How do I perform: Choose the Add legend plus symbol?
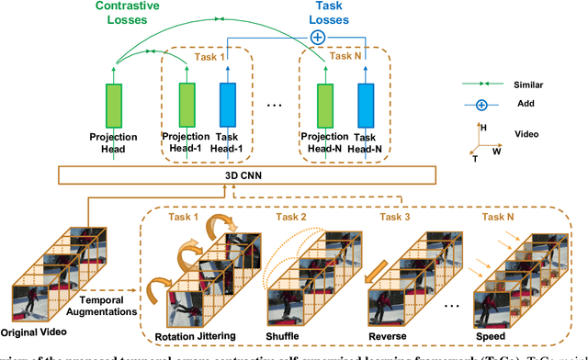click(x=481, y=106)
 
